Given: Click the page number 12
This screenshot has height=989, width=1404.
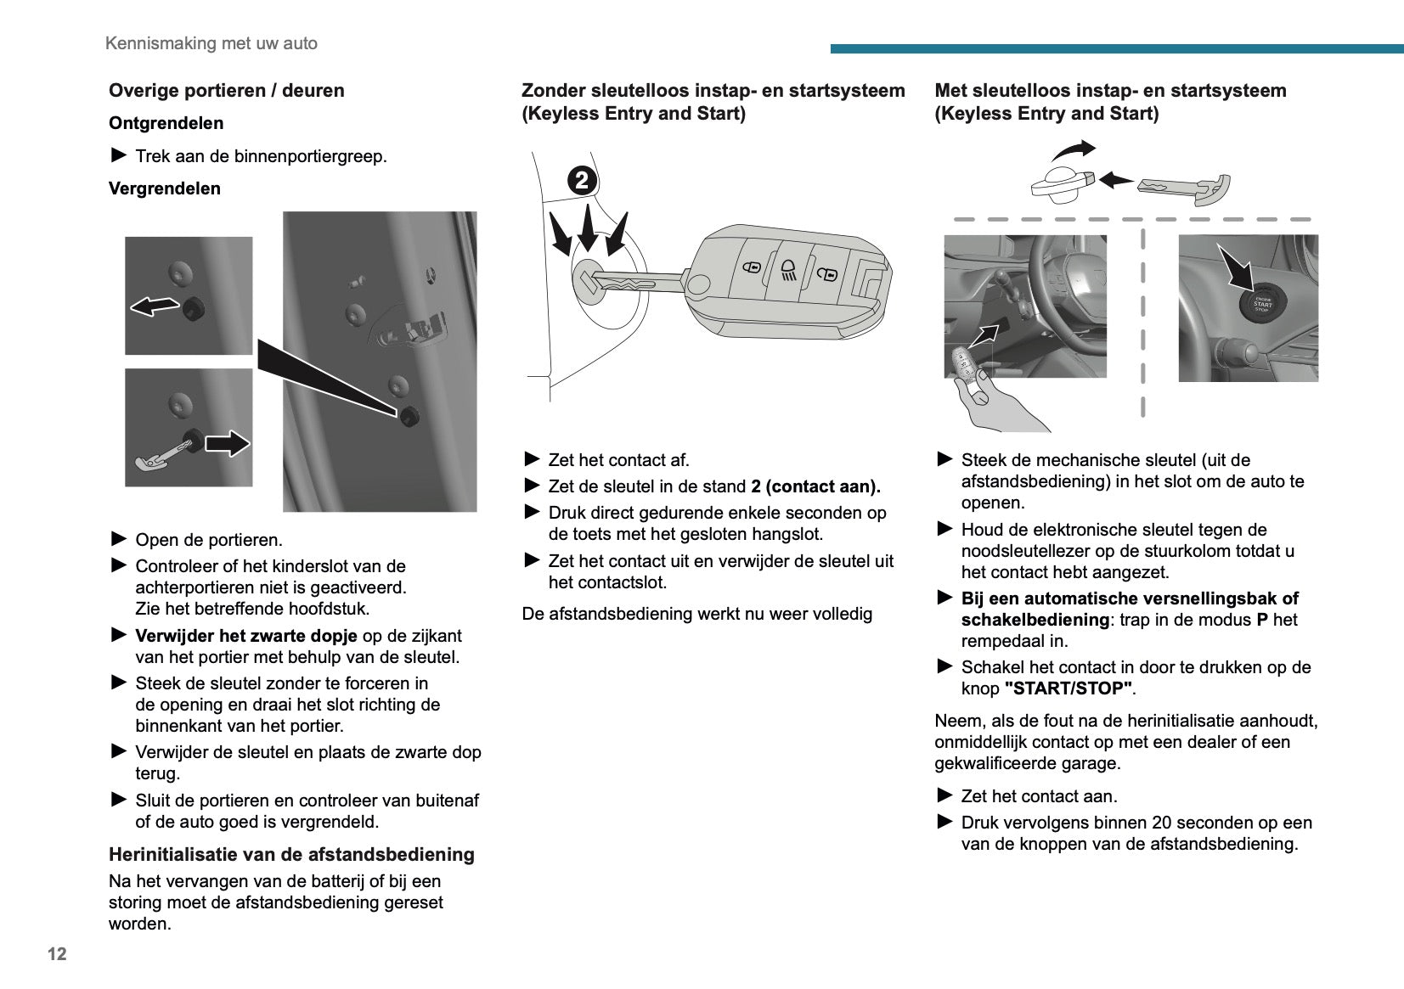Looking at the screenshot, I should pos(57,953).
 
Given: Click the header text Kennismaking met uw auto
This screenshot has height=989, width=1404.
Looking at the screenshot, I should pos(211,43).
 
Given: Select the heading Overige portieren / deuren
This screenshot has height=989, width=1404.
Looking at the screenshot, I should pos(226,91).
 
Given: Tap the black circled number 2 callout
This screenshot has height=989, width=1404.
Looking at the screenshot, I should pos(582,180).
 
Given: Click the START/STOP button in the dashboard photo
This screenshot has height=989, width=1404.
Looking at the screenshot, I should pos(1262,304).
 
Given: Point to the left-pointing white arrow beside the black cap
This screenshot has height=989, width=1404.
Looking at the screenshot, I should pos(153,306).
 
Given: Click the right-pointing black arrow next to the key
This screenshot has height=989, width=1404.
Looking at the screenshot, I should pos(228,442).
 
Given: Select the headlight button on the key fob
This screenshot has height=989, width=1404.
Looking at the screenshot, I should pos(788,271).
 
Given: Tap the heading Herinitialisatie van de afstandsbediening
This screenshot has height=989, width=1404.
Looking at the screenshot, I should pos(291,855).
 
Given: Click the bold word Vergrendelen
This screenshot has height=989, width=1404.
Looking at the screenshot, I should pos(165,188).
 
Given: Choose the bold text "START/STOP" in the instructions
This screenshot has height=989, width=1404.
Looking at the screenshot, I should pos(1069,688).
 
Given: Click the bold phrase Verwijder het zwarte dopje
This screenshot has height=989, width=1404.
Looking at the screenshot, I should pos(246,636).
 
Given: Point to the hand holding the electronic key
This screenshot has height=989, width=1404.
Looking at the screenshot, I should pos(990,399).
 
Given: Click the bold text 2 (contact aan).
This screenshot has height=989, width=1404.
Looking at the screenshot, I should pos(815,486).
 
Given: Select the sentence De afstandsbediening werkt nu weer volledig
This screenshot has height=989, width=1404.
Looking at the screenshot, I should pos(697,614).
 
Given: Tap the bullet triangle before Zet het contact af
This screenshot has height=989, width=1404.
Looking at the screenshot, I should pos(533,459).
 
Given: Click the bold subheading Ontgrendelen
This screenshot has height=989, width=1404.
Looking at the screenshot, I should pos(166,123).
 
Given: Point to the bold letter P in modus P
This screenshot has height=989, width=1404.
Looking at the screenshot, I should pos(1262,620).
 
